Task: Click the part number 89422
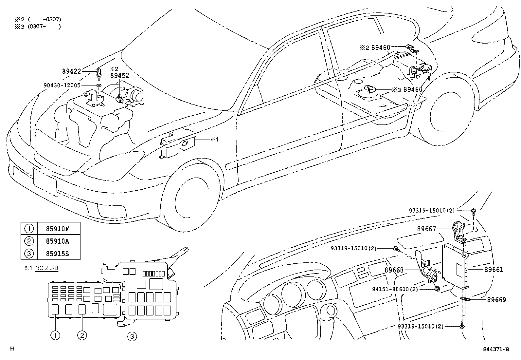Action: (71, 71)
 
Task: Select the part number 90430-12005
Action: (62, 85)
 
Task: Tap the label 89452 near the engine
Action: (119, 75)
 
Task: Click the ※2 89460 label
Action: (375, 48)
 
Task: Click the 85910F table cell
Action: (58, 228)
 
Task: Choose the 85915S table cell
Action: (58, 253)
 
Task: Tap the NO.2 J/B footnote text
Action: (46, 268)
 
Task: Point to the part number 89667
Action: (426, 229)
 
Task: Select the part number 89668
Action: (394, 270)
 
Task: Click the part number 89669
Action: (496, 300)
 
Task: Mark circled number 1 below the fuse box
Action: (55, 335)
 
